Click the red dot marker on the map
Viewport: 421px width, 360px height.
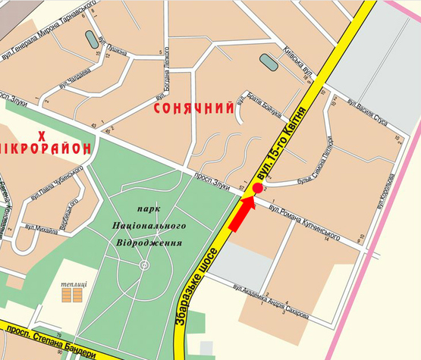tap(258, 187)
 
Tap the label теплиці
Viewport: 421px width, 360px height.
tap(74, 283)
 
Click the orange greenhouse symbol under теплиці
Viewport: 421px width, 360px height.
tap(74, 295)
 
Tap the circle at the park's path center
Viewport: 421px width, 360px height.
tap(144, 265)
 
